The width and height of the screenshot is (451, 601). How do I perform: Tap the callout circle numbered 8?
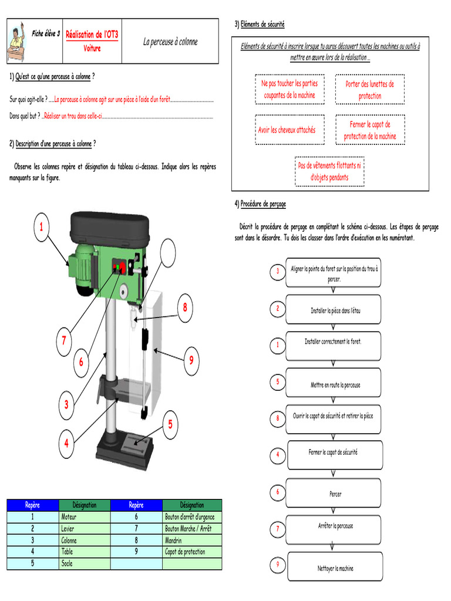pos(184,307)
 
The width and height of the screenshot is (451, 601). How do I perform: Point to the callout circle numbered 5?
pos(170,424)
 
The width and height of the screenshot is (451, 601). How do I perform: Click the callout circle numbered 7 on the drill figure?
pos(63,340)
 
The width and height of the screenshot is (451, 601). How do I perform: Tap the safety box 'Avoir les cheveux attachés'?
pos(287,130)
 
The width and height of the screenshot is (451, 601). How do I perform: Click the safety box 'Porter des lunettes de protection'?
pos(369,90)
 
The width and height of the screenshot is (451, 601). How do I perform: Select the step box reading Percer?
pos(333,494)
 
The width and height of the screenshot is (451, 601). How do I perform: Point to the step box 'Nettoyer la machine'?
pos(333,568)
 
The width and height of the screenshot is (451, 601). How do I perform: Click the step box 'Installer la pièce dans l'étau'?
pos(333,310)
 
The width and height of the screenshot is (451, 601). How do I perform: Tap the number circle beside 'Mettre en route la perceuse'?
pos(277,382)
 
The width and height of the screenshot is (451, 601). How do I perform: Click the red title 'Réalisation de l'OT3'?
pos(92,35)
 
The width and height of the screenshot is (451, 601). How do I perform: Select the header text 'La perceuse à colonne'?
pos(170,42)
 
